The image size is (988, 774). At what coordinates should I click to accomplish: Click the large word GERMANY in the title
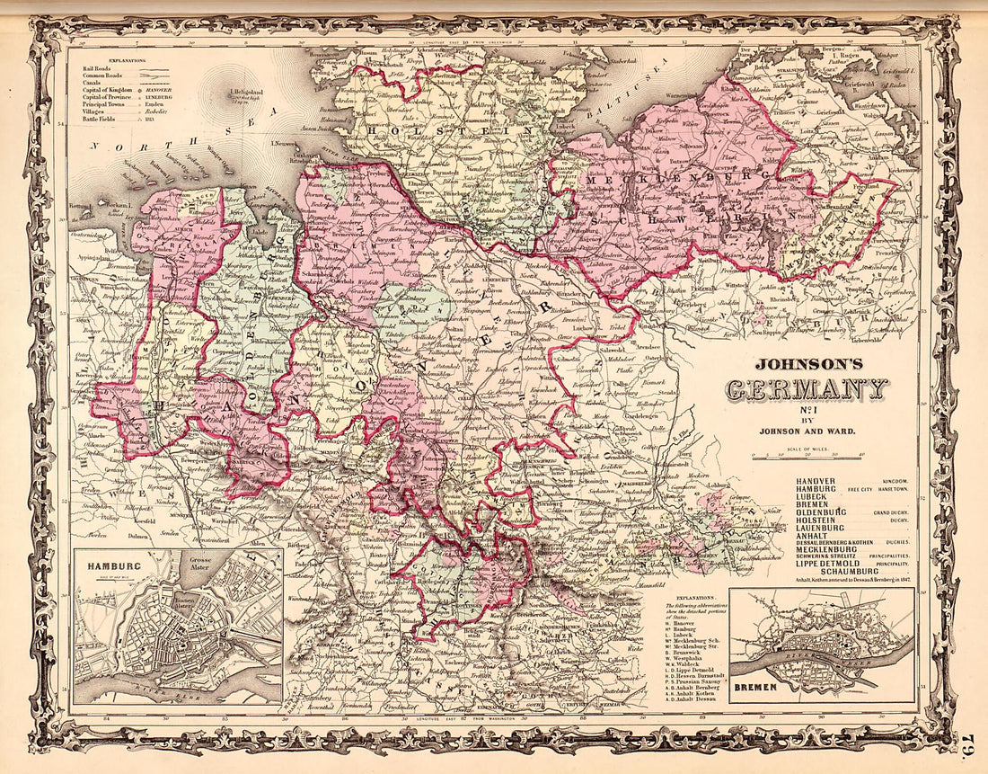click(x=806, y=391)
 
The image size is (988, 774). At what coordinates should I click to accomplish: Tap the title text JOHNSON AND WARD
click(x=806, y=431)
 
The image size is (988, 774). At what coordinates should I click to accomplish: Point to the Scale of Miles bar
click(x=806, y=455)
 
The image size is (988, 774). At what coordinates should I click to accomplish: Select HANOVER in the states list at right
click(x=816, y=483)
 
